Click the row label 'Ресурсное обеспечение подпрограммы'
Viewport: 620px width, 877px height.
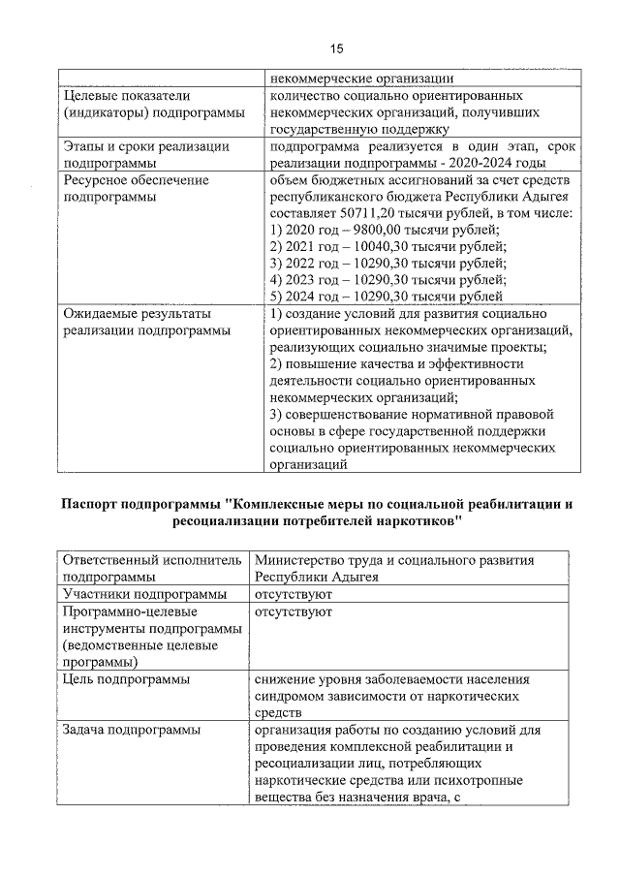click(x=136, y=187)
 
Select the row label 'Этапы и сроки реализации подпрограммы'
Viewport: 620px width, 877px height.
click(x=145, y=154)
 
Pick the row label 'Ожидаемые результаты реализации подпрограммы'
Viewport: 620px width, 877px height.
click(x=146, y=322)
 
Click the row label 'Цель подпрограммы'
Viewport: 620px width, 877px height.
click(x=126, y=680)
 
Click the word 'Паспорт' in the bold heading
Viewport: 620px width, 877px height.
click(x=96, y=505)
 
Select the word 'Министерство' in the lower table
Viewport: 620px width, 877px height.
click(x=303, y=561)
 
